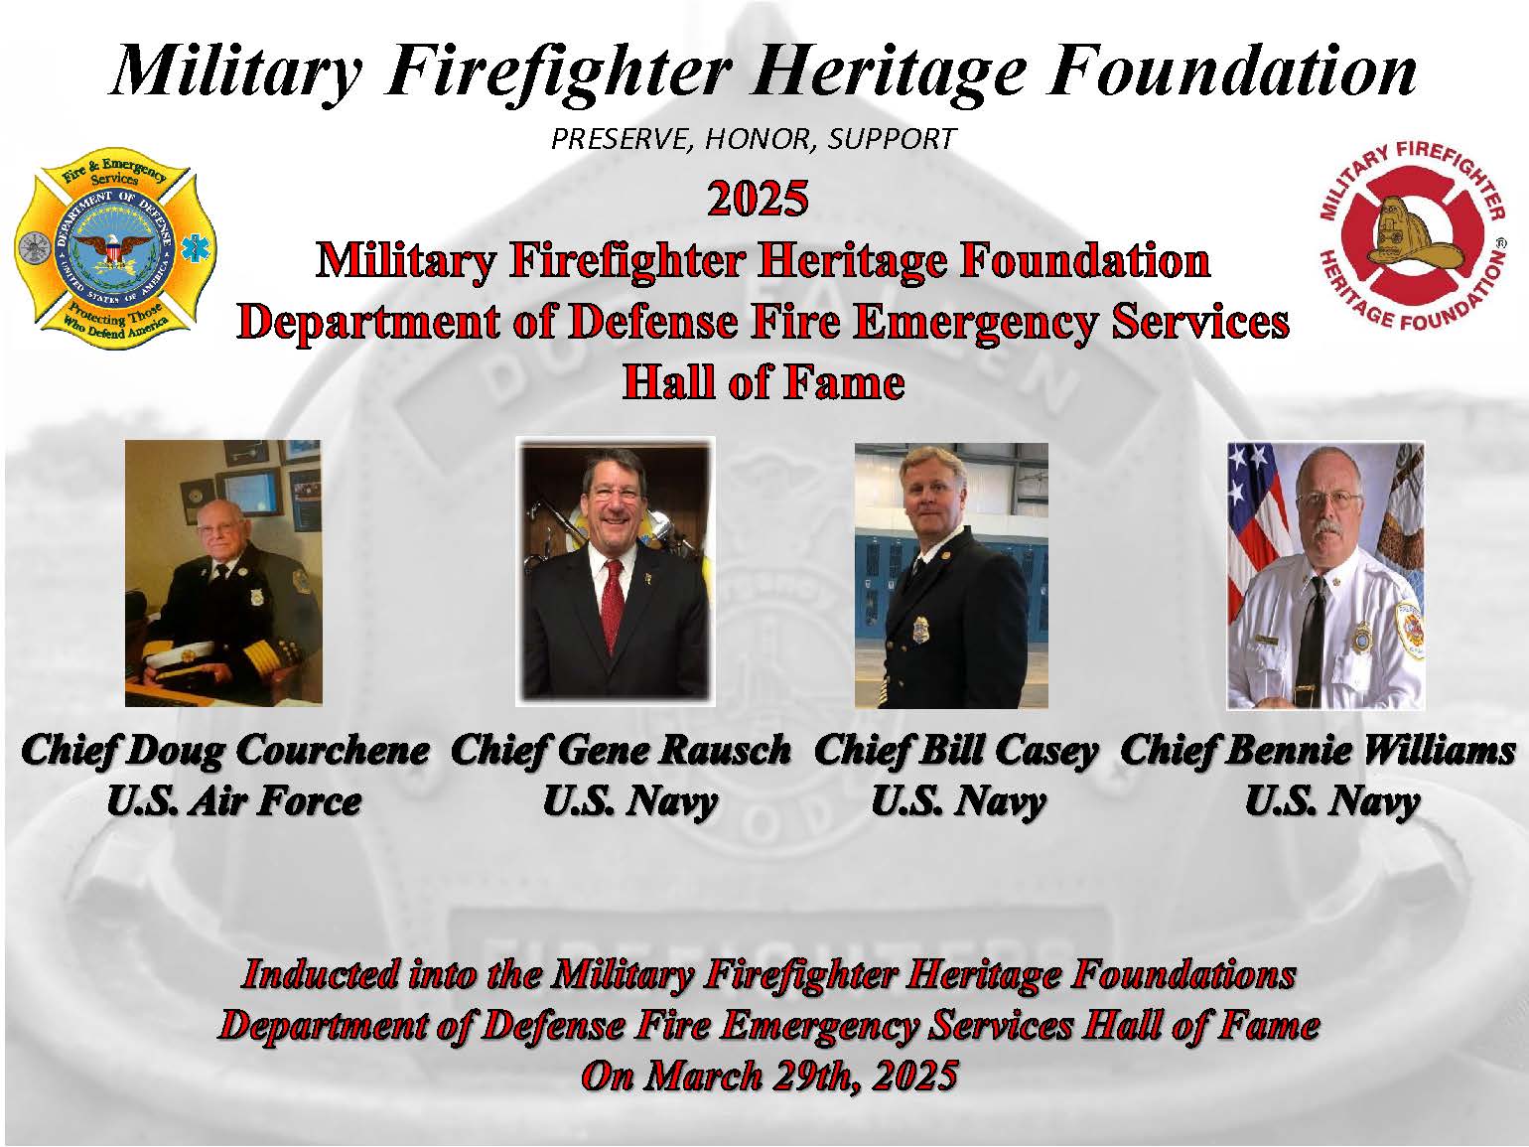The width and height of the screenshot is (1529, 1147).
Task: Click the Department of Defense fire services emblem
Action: click(x=115, y=248)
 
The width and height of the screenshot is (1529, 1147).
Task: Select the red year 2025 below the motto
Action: click(x=758, y=199)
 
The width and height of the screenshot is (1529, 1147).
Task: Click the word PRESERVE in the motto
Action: click(x=623, y=139)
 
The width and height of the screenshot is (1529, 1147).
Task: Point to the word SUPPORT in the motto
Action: click(x=893, y=139)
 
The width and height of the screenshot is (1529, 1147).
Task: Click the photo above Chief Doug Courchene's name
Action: click(x=223, y=573)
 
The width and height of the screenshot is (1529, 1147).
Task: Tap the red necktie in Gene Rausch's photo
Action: click(x=613, y=605)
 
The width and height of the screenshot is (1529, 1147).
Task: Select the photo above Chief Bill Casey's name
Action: click(x=951, y=576)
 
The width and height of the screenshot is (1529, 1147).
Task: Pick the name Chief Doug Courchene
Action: click(x=225, y=751)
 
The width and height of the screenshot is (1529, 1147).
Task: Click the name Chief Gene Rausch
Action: click(x=621, y=751)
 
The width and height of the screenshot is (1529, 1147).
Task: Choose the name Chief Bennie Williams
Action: click(x=1318, y=751)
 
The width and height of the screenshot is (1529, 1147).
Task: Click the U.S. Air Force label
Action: click(x=234, y=801)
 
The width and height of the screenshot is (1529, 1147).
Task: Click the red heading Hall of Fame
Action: click(x=764, y=382)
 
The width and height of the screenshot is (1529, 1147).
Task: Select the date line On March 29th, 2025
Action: click(x=769, y=1075)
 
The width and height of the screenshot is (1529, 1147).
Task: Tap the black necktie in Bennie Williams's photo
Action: click(x=1311, y=631)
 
